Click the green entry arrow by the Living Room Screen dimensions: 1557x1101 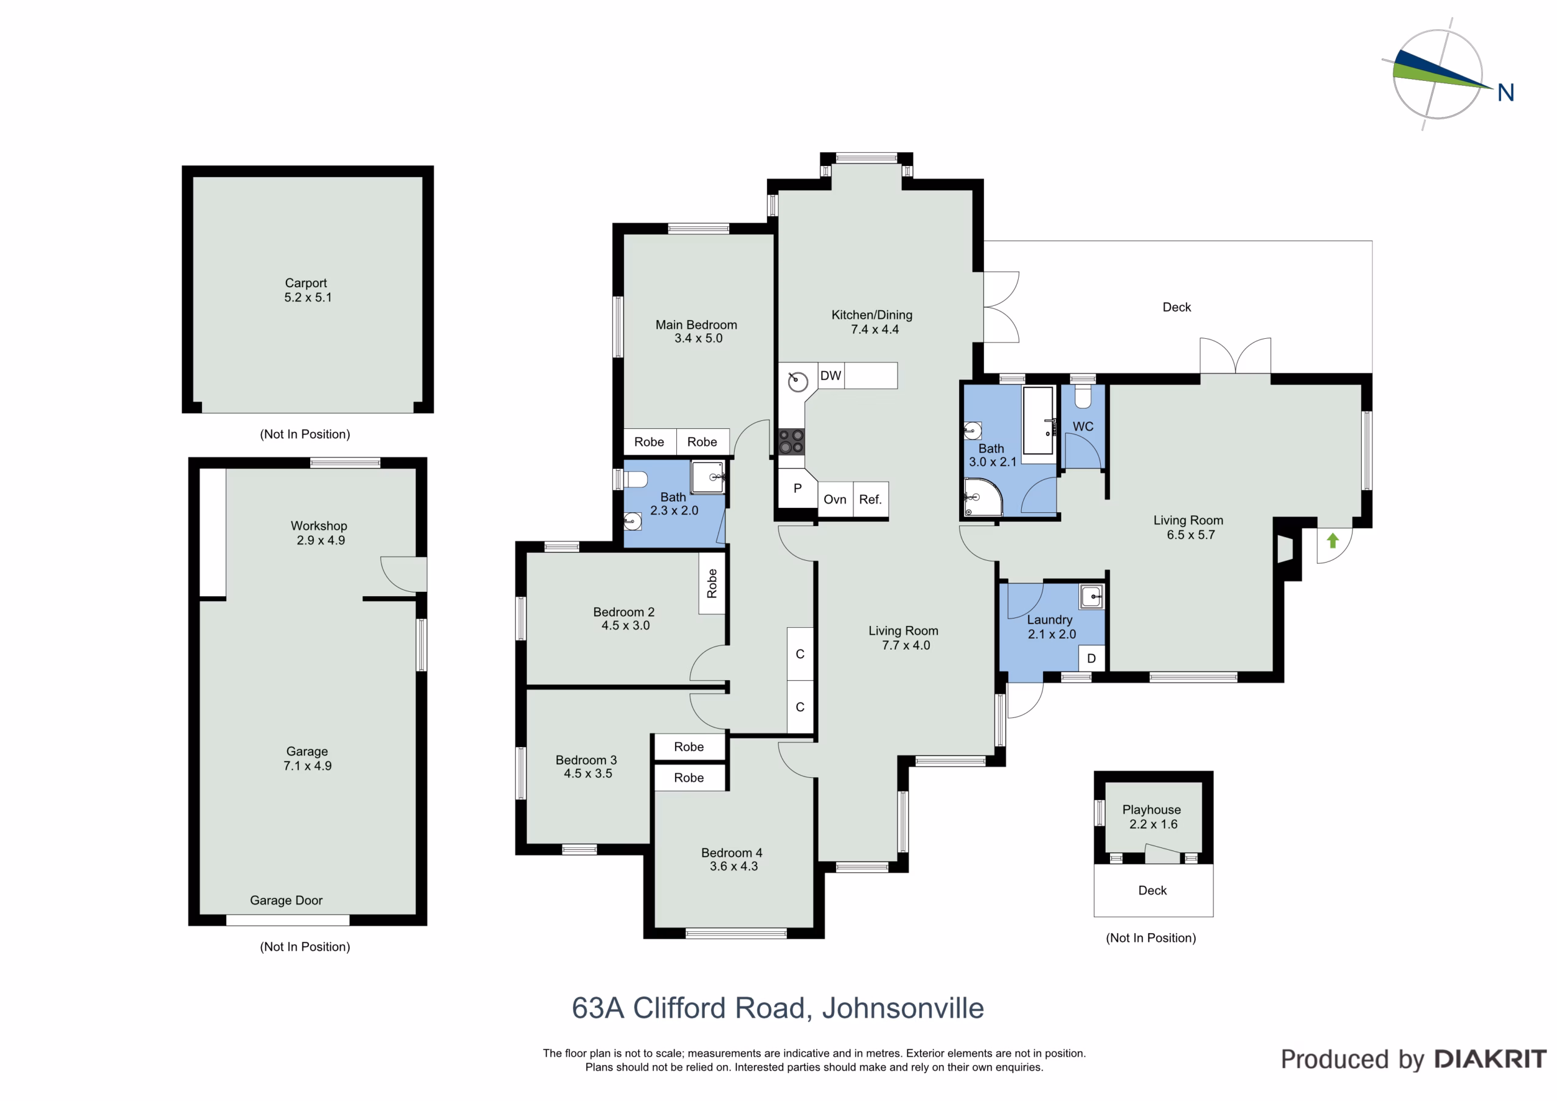click(1333, 541)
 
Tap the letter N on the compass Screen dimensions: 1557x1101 click(1505, 92)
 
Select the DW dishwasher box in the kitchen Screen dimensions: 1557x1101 click(831, 376)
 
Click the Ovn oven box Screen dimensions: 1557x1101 click(835, 499)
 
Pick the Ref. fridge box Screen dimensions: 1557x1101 click(870, 499)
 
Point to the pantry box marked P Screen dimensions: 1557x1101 click(797, 488)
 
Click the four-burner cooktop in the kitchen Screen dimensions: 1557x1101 click(791, 441)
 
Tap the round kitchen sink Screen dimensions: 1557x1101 click(798, 382)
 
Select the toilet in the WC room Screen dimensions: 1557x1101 click(1083, 396)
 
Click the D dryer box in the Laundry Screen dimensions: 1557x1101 click(1091, 658)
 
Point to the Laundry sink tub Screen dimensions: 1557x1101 click(1092, 596)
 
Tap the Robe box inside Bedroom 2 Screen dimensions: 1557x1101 click(712, 583)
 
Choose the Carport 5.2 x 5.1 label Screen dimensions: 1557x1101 click(307, 290)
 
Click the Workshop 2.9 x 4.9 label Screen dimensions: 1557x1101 click(319, 532)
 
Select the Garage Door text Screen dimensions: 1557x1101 click(286, 900)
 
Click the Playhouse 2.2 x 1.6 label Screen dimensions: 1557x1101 click(1151, 817)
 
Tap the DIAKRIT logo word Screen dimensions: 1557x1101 click(1491, 1059)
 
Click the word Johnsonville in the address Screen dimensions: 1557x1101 click(903, 1008)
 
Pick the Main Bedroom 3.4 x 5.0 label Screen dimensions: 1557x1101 click(696, 331)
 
